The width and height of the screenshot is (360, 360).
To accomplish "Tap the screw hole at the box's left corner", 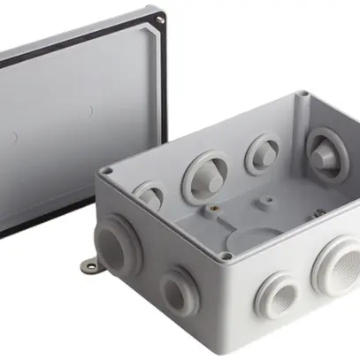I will (107, 171).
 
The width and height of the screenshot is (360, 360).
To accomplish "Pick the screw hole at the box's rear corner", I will (303, 94).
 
